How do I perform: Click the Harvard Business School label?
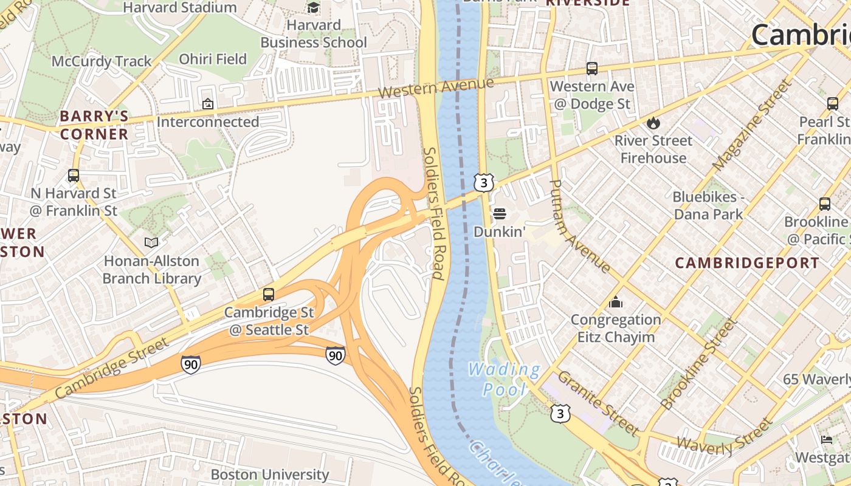[314, 34]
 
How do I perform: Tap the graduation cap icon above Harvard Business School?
[314, 8]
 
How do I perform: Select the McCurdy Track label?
[102, 61]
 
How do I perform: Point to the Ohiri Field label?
[213, 59]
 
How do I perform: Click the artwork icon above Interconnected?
[208, 104]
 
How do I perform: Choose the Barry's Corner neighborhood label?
[94, 125]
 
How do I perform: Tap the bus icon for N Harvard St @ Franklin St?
[74, 176]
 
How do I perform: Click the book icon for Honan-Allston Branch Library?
[151, 243]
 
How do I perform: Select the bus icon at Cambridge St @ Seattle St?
[269, 295]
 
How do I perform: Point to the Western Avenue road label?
[435, 88]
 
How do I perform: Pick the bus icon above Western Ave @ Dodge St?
[592, 69]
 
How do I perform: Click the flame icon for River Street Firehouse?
[653, 123]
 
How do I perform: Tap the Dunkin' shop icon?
[500, 214]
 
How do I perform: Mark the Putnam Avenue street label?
[579, 226]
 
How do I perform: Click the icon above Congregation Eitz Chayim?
[616, 302]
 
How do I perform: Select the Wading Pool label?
[504, 378]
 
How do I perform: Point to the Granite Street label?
[598, 403]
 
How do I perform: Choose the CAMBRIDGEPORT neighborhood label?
[747, 263]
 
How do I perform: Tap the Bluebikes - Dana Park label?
[708, 205]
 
